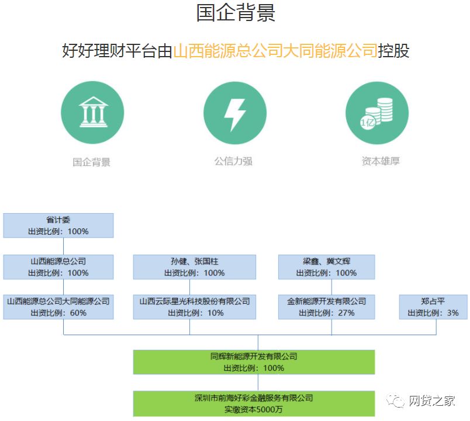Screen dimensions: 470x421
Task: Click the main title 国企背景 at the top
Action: click(236, 13)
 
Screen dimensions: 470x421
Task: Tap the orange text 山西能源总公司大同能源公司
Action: click(275, 50)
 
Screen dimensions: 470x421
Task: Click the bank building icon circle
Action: click(92, 113)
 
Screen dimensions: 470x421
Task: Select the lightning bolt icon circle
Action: click(235, 113)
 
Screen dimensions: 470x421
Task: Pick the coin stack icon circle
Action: click(377, 113)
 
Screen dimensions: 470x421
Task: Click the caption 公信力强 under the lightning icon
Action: click(233, 161)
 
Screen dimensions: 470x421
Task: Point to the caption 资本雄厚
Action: click(381, 161)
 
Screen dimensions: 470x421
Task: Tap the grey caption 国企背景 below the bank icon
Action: click(91, 162)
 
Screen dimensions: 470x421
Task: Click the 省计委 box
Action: click(58, 225)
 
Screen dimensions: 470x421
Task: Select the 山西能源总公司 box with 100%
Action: click(58, 267)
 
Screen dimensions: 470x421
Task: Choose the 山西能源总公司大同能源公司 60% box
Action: click(58, 307)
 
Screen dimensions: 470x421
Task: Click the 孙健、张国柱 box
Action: click(195, 267)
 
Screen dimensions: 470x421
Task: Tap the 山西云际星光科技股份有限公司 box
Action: click(195, 307)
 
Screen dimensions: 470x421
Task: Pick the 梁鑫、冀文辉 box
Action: click(326, 267)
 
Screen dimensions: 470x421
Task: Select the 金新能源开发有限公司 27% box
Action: click(326, 307)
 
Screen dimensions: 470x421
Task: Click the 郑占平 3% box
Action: click(433, 307)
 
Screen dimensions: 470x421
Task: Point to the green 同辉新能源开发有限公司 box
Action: click(254, 362)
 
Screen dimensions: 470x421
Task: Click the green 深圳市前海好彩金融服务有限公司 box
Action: click(254, 403)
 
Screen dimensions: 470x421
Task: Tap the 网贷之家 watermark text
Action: click(432, 401)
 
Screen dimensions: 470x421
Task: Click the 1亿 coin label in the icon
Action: click(367, 122)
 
